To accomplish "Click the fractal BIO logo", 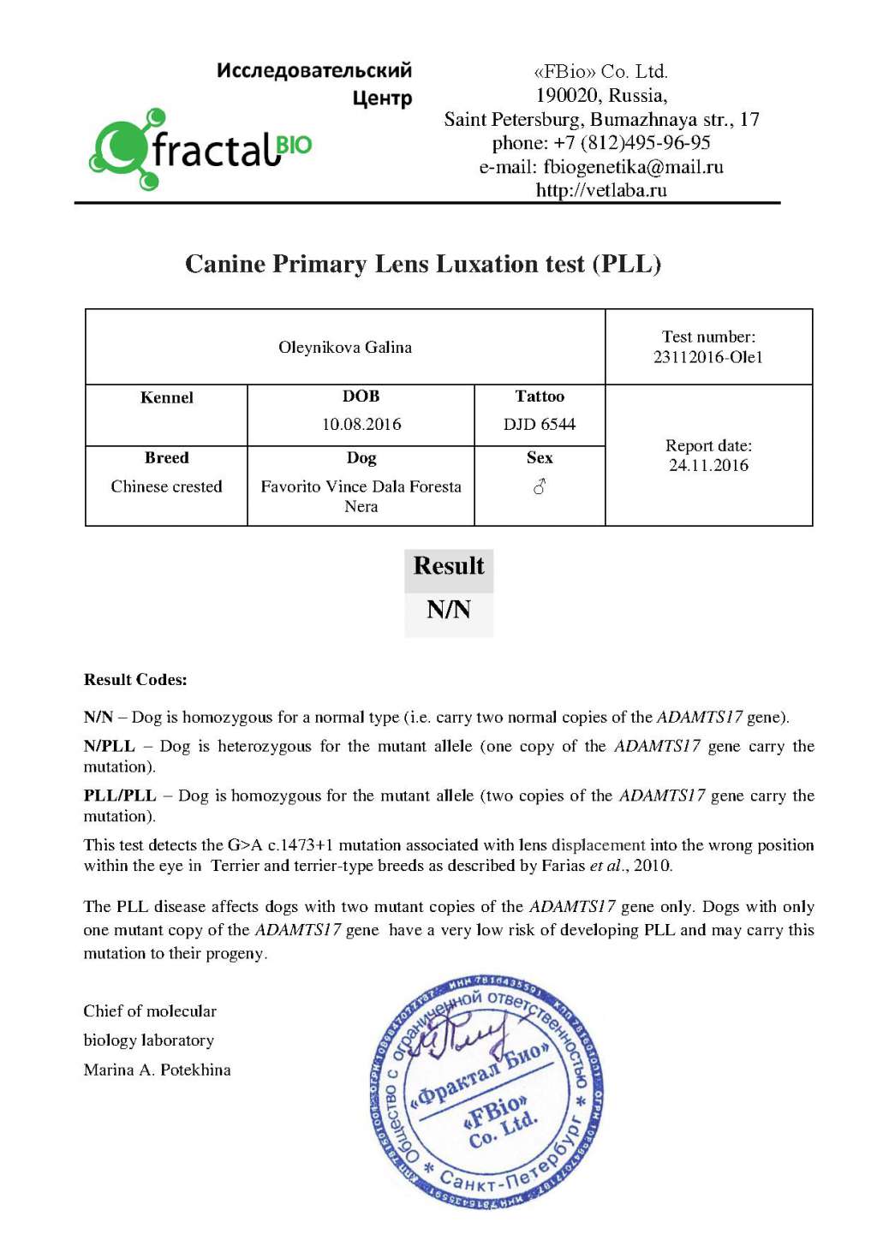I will click(x=201, y=149).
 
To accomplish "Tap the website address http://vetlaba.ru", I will click(x=601, y=190).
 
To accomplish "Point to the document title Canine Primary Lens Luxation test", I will click(x=423, y=264).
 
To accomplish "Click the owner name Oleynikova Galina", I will click(x=345, y=347).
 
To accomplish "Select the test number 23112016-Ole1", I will click(x=707, y=357).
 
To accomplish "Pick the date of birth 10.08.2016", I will click(x=361, y=424).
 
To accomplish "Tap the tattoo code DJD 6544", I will click(x=540, y=424).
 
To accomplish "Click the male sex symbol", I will click(x=540, y=486).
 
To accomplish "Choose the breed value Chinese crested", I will click(x=166, y=486).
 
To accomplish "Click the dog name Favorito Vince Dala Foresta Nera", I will click(x=361, y=496).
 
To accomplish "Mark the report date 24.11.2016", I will click(x=708, y=465).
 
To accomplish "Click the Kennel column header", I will click(x=166, y=397).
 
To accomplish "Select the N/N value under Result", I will click(x=449, y=610).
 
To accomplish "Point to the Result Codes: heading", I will click(x=135, y=680).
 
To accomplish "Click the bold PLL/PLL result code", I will click(x=120, y=796).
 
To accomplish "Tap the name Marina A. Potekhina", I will click(x=158, y=1070).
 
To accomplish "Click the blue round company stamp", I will click(x=486, y=1094).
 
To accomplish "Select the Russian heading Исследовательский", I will click(x=314, y=70).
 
